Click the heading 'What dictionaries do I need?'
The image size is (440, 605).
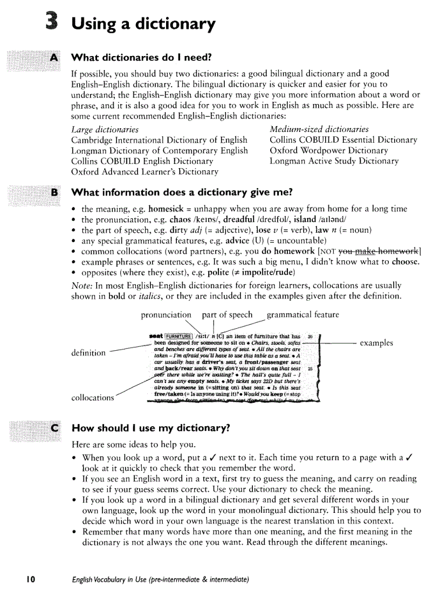[142, 57]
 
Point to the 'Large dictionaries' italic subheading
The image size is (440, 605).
[105, 129]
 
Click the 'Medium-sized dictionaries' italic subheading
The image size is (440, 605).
[319, 129]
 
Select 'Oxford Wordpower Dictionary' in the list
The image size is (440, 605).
[328, 150]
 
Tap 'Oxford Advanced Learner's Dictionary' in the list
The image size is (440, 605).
[145, 172]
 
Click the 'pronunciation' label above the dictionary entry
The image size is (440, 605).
[166, 315]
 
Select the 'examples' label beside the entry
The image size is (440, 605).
[376, 343]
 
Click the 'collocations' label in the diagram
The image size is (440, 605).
[92, 398]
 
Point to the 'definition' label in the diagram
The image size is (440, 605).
[88, 353]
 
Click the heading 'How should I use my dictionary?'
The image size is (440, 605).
[150, 429]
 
